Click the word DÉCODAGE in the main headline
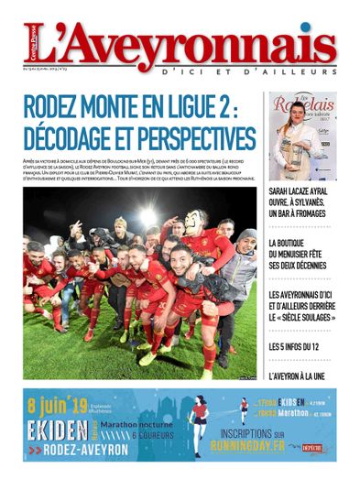75,138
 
